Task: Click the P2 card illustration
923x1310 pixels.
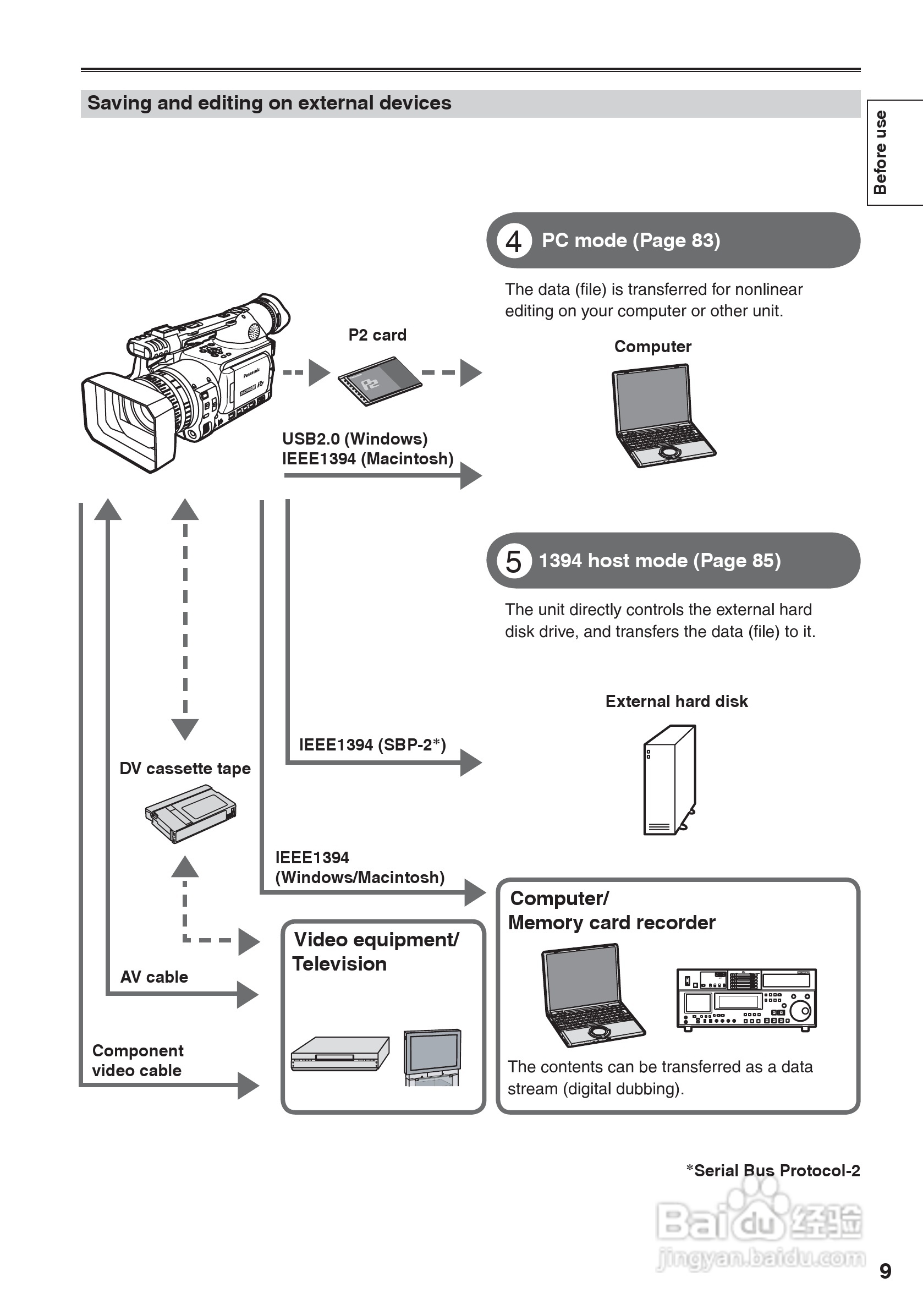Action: pos(380,381)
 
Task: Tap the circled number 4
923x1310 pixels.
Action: pos(514,241)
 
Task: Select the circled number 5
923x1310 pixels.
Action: pos(514,561)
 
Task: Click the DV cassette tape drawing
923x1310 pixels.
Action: pos(190,814)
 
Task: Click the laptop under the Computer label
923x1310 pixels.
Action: pos(662,415)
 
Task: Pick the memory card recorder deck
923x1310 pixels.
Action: pos(746,1000)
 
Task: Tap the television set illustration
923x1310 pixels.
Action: pos(432,1057)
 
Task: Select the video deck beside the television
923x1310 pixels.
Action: pos(340,1054)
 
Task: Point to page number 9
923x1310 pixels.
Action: pos(885,1271)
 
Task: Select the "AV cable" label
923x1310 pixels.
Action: pos(154,977)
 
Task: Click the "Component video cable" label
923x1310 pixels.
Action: pos(138,1061)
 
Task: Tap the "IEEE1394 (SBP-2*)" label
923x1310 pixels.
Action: pos(372,744)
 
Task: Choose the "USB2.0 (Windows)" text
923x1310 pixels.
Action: pos(355,439)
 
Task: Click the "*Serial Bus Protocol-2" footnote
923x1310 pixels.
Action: pos(773,1170)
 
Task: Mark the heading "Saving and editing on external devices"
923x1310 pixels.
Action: pos(270,103)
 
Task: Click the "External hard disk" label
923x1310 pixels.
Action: pos(677,701)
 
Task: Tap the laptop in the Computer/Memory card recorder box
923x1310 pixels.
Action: pos(590,995)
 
